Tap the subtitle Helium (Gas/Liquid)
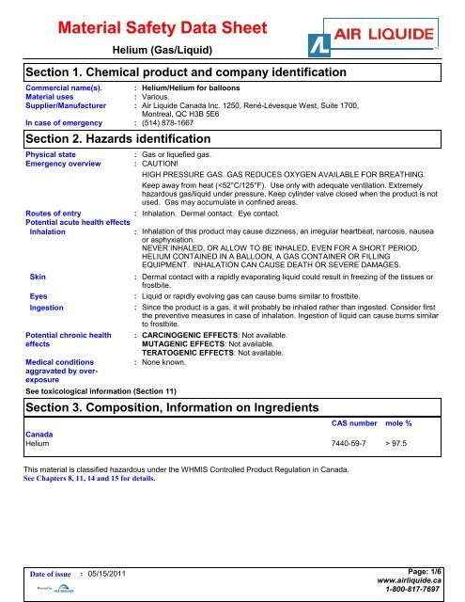click(161, 48)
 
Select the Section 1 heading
click(186, 73)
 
